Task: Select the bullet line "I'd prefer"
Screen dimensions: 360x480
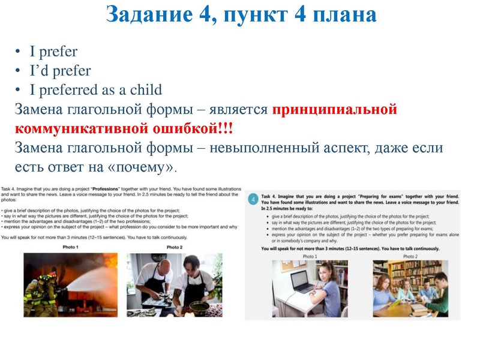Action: pyautogui.click(x=60, y=71)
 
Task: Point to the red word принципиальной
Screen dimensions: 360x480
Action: pyautogui.click(x=335, y=110)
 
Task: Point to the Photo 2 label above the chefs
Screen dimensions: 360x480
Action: pyautogui.click(x=175, y=247)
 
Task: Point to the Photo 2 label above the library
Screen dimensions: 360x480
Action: pyautogui.click(x=410, y=256)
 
